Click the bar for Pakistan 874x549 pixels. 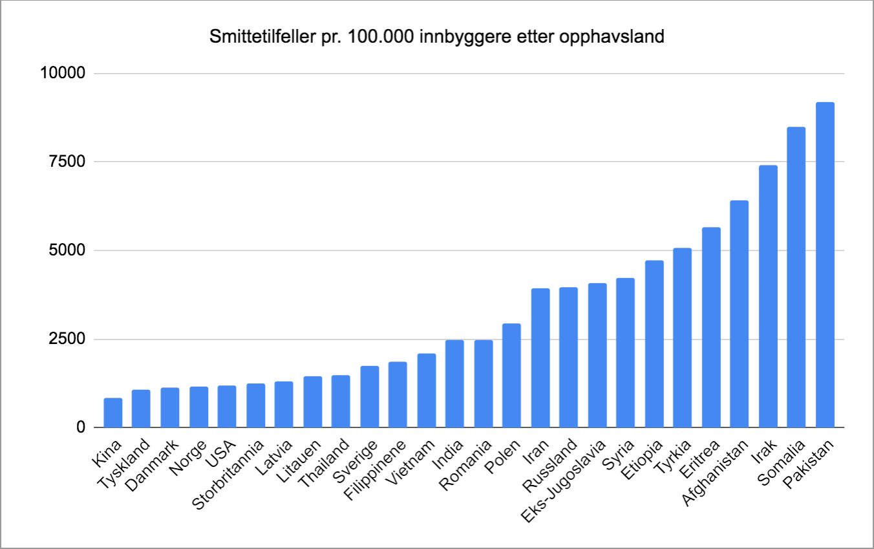[825, 265]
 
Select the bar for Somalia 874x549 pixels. [796, 277]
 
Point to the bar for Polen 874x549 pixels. [511, 376]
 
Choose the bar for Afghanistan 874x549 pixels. [740, 314]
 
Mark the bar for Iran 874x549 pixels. [540, 358]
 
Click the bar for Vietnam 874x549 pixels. [426, 391]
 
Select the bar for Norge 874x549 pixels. [198, 407]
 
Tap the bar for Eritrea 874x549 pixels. [711, 327]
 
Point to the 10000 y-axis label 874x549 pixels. [63, 74]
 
